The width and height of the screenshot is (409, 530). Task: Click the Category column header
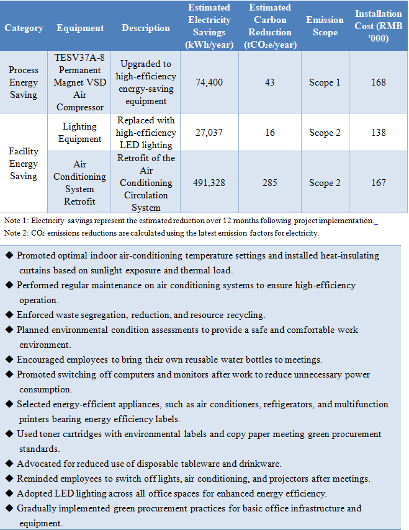pos(24,28)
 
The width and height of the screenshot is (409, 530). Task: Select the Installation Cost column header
pos(378,26)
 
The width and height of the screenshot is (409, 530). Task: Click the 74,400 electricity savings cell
pos(209,82)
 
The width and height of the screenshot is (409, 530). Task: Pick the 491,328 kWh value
pos(209,183)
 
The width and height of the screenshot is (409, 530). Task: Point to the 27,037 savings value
pos(209,133)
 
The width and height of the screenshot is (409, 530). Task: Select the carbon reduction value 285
pos(269,183)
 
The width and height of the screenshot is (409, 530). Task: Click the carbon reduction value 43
pos(269,82)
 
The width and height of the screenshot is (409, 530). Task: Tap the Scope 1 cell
pos(325,82)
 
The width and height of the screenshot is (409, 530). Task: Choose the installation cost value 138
pos(378,133)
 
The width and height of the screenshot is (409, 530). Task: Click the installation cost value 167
pos(378,183)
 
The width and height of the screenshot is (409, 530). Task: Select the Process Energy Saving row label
pos(24,82)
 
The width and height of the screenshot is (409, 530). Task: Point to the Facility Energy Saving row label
pos(24,164)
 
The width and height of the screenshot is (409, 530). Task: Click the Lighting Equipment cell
pos(79,133)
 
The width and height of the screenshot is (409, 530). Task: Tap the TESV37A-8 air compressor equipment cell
pos(79,82)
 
